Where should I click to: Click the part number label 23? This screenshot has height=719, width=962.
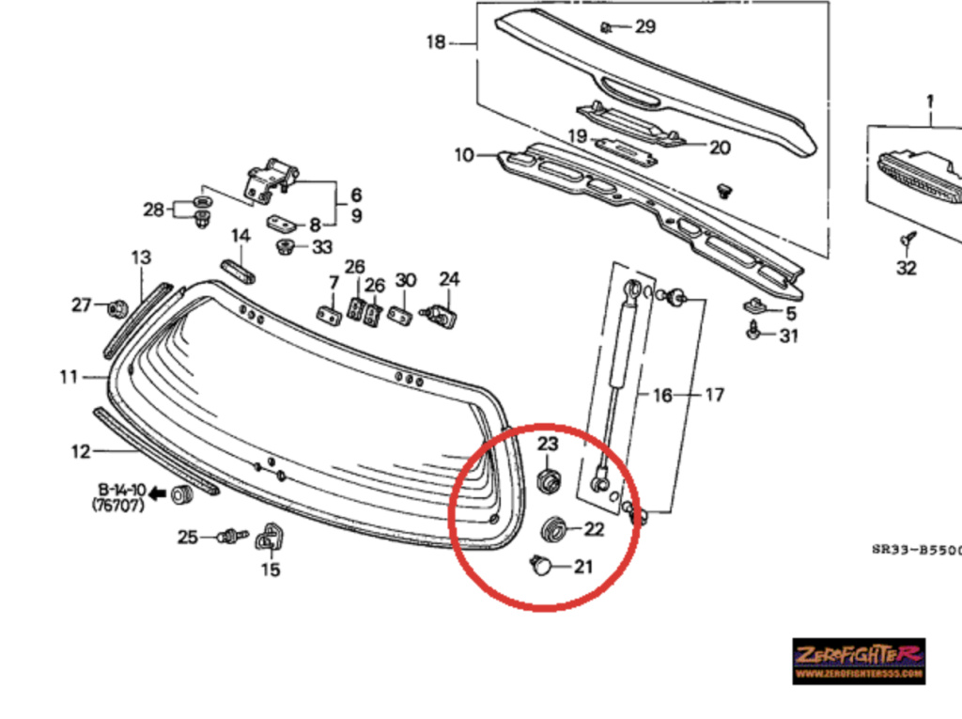(548, 443)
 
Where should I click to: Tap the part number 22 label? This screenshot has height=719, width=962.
(594, 529)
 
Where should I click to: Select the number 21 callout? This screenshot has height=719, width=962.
(583, 567)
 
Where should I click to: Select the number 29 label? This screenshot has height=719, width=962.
(644, 26)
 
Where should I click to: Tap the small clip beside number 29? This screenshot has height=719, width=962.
(608, 26)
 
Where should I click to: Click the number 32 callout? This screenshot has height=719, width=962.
(906, 268)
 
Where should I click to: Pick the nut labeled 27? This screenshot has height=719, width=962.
(118, 306)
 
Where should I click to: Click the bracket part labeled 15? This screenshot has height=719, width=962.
(270, 538)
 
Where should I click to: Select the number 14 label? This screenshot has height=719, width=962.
(241, 236)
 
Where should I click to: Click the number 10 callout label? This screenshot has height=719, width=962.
(464, 155)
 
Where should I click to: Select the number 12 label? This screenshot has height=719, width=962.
(80, 452)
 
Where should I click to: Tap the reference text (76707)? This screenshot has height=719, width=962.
(119, 506)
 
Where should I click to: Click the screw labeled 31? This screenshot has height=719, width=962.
(753, 332)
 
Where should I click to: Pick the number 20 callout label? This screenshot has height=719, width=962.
(719, 147)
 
